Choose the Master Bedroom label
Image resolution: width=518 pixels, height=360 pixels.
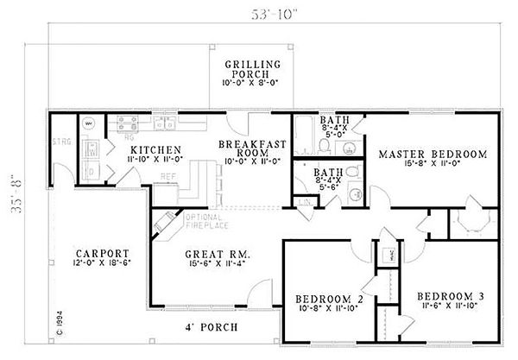(433, 155)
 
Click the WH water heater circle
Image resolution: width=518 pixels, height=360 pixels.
(87, 123)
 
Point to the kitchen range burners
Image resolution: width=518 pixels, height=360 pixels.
(128, 123)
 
